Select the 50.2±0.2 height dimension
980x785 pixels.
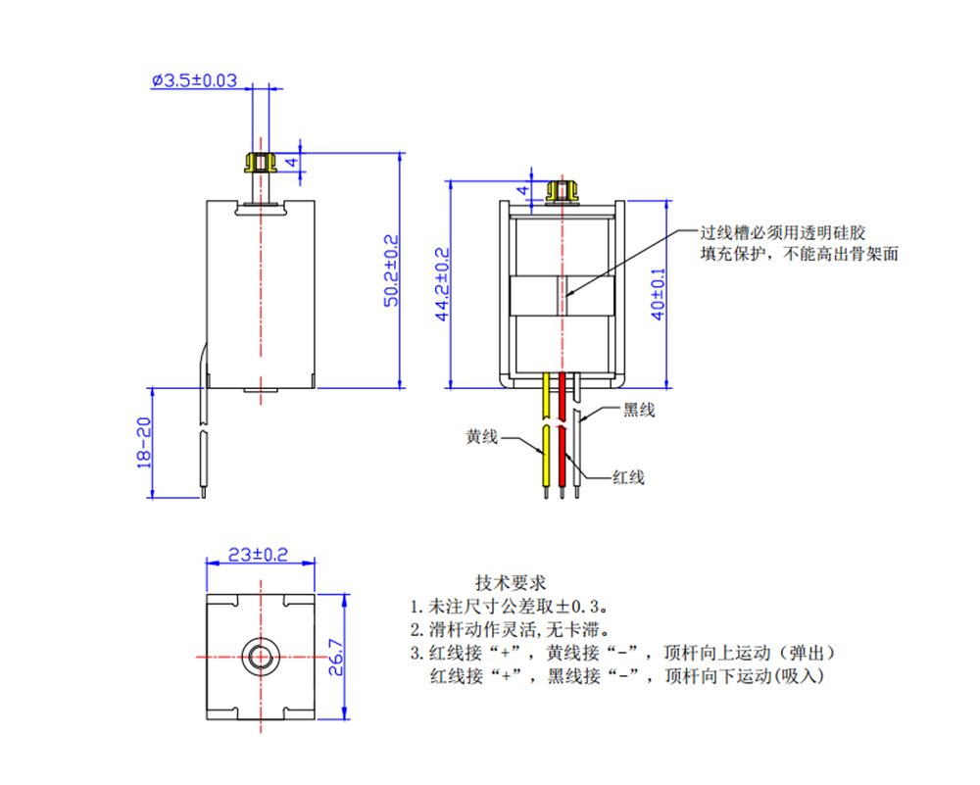click(x=391, y=270)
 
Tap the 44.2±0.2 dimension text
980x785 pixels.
click(x=442, y=284)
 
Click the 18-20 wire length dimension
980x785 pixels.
click(x=145, y=442)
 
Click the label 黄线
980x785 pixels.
click(x=481, y=437)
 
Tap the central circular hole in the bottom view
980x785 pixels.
click(x=260, y=656)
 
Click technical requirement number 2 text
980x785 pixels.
click(x=511, y=628)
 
